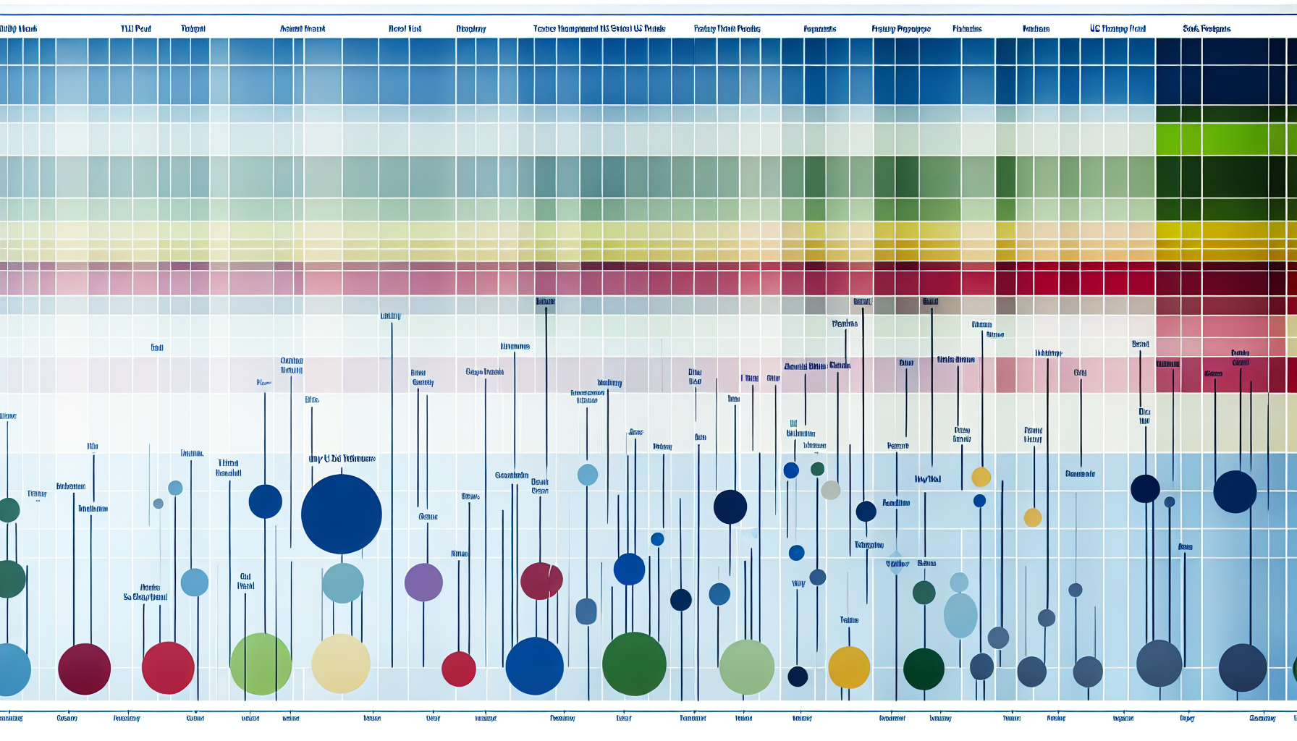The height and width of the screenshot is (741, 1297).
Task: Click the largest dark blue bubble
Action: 341,514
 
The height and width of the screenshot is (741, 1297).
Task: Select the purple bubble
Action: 423,583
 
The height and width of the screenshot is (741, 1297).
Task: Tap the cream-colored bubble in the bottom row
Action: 341,664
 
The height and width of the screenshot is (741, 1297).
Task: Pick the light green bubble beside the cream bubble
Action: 261,664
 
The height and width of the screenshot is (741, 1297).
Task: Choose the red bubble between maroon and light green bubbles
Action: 168,668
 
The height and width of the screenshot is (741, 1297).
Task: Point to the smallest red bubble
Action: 459,669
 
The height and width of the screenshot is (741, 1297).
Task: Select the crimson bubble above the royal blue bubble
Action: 541,580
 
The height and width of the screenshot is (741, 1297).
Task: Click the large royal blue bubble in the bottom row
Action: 534,666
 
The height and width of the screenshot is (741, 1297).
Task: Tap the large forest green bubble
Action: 634,664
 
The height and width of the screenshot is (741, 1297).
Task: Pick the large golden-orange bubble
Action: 849,667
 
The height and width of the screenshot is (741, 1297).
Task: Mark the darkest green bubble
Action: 924,669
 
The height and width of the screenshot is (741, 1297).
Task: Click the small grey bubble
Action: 831,490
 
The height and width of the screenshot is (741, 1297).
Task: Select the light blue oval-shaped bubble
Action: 960,615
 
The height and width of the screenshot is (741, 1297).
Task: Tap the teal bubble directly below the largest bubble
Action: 342,583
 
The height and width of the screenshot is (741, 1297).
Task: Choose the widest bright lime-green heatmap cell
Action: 1235,139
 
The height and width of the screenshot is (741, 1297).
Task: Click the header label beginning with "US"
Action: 1118,29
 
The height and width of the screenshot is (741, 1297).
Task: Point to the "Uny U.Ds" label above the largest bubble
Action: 342,459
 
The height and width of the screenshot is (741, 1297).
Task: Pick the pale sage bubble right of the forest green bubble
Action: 747,666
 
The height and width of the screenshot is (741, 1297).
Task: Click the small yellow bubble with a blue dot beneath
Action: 981,477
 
